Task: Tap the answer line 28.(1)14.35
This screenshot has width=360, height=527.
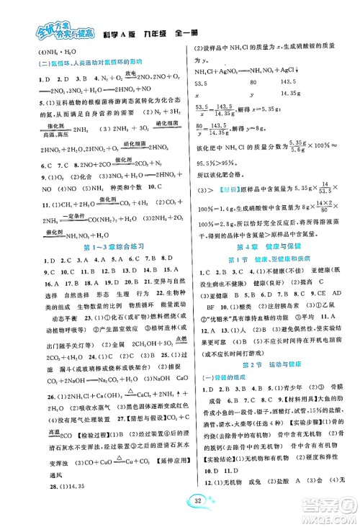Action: (x=34, y=487)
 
